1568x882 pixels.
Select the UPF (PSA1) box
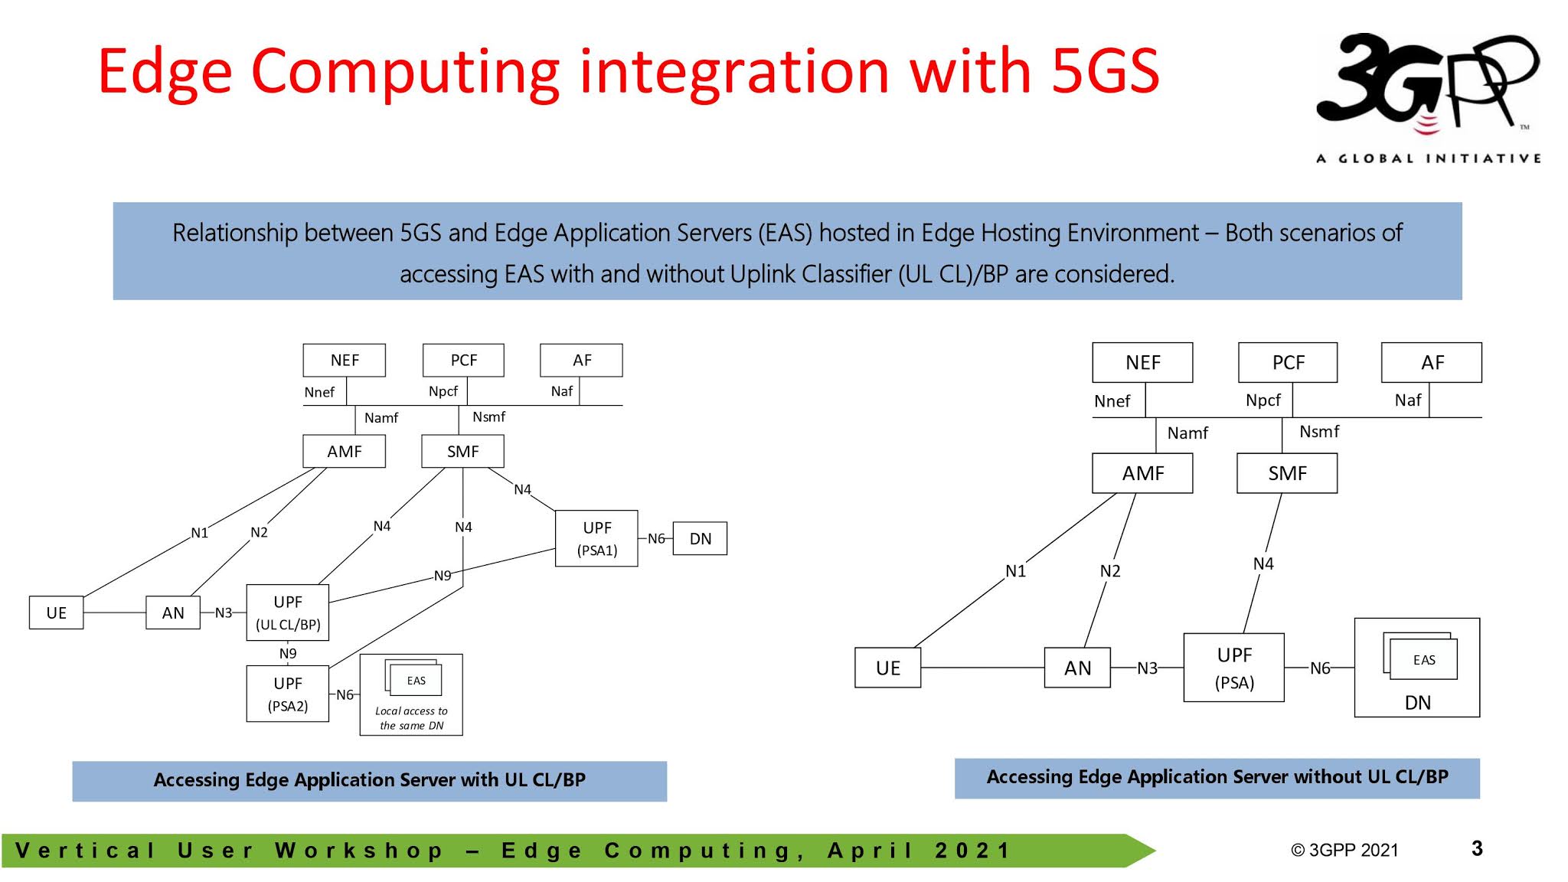tap(596, 538)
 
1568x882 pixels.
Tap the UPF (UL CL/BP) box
tap(288, 612)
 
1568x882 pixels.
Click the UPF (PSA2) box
tap(288, 694)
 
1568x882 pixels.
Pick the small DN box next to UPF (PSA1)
tap(700, 538)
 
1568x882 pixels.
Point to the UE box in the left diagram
tap(56, 612)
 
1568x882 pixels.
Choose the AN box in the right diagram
tap(1077, 668)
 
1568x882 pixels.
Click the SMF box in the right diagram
tap(1287, 473)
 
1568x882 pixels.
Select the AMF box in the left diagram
tap(344, 451)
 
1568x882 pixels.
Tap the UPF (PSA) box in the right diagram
tap(1234, 668)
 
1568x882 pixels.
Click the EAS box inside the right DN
tap(1424, 659)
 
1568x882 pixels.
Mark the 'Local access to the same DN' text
tap(412, 718)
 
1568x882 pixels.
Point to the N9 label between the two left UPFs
tap(288, 653)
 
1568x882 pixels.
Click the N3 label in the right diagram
tap(1147, 668)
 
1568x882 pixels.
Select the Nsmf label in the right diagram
tap(1319, 432)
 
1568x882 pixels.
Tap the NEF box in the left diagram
tap(344, 360)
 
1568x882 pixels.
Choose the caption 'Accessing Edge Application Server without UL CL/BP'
tap(1217, 777)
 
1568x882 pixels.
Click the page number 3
tap(1477, 848)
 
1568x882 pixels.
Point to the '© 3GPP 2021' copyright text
tap(1344, 850)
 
